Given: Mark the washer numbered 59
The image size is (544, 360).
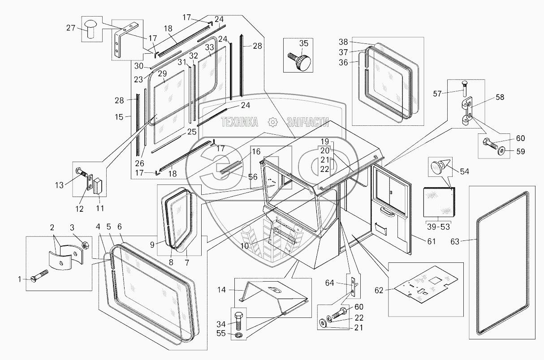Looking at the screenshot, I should click(501, 149).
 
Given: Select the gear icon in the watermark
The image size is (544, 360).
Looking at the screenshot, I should click(272, 122).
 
